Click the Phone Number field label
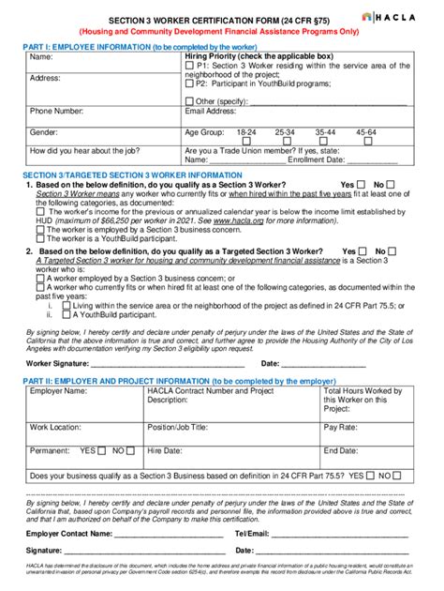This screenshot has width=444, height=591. (57, 112)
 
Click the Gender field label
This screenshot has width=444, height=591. (44, 132)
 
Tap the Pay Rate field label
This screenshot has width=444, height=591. (343, 426)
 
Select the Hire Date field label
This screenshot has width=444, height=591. (166, 450)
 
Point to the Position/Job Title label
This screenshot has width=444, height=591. (188, 426)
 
